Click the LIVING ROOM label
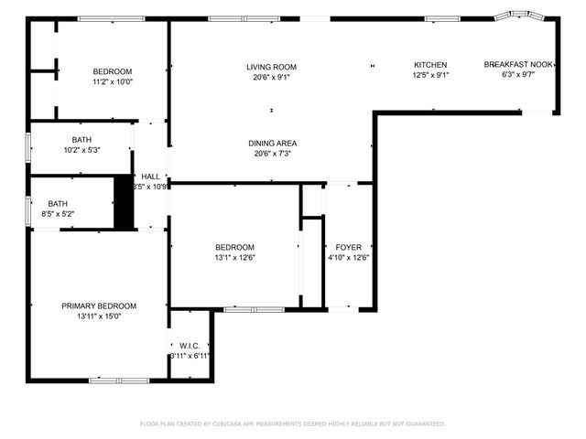(x=271, y=67)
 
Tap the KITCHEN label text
(x=429, y=65)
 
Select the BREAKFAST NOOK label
(x=518, y=65)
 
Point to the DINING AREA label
(x=272, y=144)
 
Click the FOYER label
(x=348, y=248)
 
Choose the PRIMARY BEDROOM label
(x=99, y=306)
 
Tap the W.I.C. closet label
(x=190, y=345)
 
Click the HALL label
(x=150, y=177)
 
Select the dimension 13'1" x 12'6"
(x=234, y=258)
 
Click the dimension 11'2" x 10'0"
(x=113, y=81)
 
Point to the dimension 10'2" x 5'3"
(x=81, y=150)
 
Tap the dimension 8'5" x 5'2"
(x=58, y=214)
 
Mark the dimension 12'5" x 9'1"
(x=429, y=75)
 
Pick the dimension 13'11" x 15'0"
(x=99, y=316)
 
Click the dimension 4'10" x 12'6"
(x=348, y=258)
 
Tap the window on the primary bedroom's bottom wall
(x=119, y=380)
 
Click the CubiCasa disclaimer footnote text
(x=292, y=423)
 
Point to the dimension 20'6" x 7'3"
(x=272, y=154)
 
